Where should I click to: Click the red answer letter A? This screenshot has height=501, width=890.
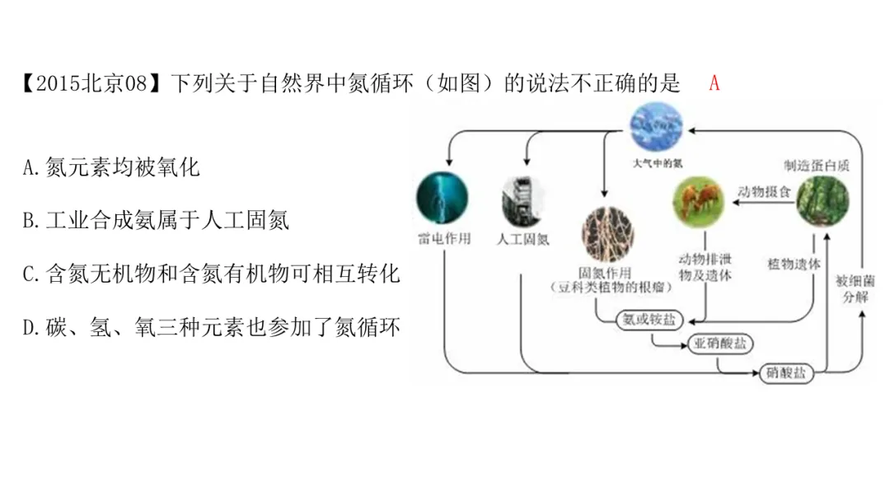click(714, 83)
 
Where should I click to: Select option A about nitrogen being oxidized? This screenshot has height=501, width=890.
click(111, 168)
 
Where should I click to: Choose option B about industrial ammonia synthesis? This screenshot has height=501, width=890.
click(156, 221)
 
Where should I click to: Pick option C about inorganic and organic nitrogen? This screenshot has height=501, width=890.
click(211, 274)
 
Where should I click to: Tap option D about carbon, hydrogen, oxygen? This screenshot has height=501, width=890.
click(211, 328)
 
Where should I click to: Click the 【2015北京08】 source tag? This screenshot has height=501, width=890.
click(92, 84)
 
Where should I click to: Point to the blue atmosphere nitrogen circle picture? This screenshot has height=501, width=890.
click(656, 126)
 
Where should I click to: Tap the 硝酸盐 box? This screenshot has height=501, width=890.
click(785, 372)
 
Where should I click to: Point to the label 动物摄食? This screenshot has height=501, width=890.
click(764, 192)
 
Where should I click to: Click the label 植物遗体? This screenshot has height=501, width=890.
click(794, 265)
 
